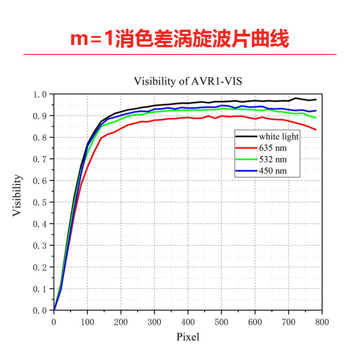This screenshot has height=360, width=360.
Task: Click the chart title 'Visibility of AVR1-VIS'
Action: [191, 81]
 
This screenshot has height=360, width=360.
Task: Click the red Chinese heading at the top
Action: [180, 39]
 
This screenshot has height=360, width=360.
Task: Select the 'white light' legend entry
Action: [279, 136]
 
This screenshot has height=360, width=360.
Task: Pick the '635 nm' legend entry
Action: [273, 148]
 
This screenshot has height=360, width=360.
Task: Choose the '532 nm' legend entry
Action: [273, 159]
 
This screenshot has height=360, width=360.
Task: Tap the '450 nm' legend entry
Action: [273, 171]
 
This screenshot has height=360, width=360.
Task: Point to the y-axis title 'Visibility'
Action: [17, 196]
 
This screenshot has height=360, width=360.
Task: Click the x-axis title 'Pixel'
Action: [188, 337]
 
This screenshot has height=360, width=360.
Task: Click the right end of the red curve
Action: [316, 130]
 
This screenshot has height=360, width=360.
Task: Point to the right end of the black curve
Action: [316, 99]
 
